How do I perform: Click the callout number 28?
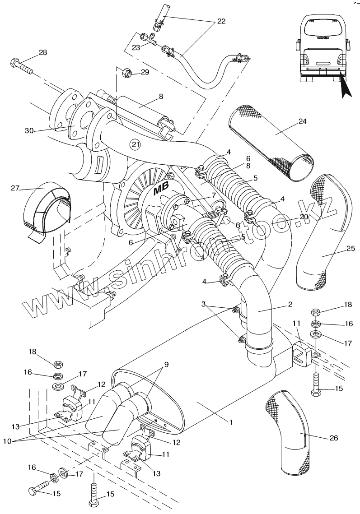point(42,53)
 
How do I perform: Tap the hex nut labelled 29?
point(127,72)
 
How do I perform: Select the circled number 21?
point(135,144)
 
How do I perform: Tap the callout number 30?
point(29,131)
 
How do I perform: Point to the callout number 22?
point(221,22)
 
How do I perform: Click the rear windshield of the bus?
point(324,28)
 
